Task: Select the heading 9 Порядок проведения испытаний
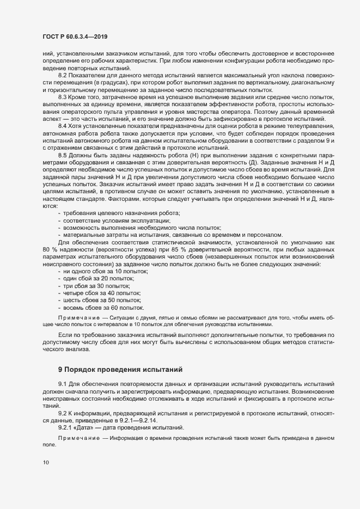[x=120, y=370]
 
